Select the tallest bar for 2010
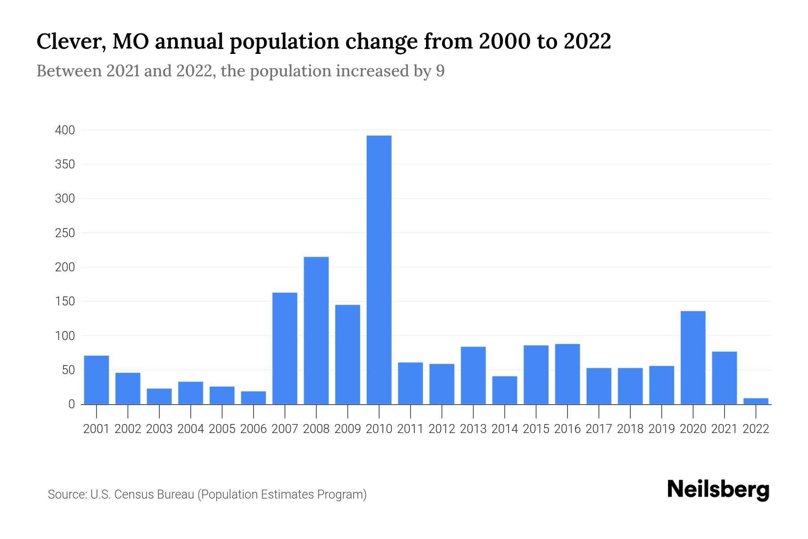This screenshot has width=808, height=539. (379, 269)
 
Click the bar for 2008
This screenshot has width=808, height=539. (316, 331)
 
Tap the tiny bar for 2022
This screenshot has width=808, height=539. (756, 401)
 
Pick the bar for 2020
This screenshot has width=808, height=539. (693, 358)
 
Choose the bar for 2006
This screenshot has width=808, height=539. (253, 398)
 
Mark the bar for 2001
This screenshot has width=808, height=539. (97, 380)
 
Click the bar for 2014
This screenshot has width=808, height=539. (505, 390)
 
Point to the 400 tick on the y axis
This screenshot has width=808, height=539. (65, 130)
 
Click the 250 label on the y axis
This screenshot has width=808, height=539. (65, 233)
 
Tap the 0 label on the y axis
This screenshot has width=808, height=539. (71, 404)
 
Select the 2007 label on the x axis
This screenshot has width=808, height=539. (285, 429)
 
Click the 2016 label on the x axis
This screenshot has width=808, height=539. (567, 429)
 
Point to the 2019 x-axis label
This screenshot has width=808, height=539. (662, 429)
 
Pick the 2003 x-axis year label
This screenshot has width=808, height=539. (159, 429)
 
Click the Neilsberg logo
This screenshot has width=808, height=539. (718, 490)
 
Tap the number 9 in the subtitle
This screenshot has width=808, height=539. (440, 71)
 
